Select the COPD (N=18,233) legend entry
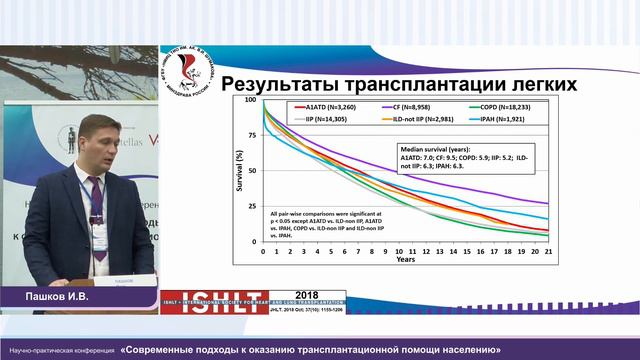[498, 105]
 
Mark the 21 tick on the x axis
[549, 250]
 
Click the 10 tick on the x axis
[399, 250]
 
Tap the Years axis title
[405, 259]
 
